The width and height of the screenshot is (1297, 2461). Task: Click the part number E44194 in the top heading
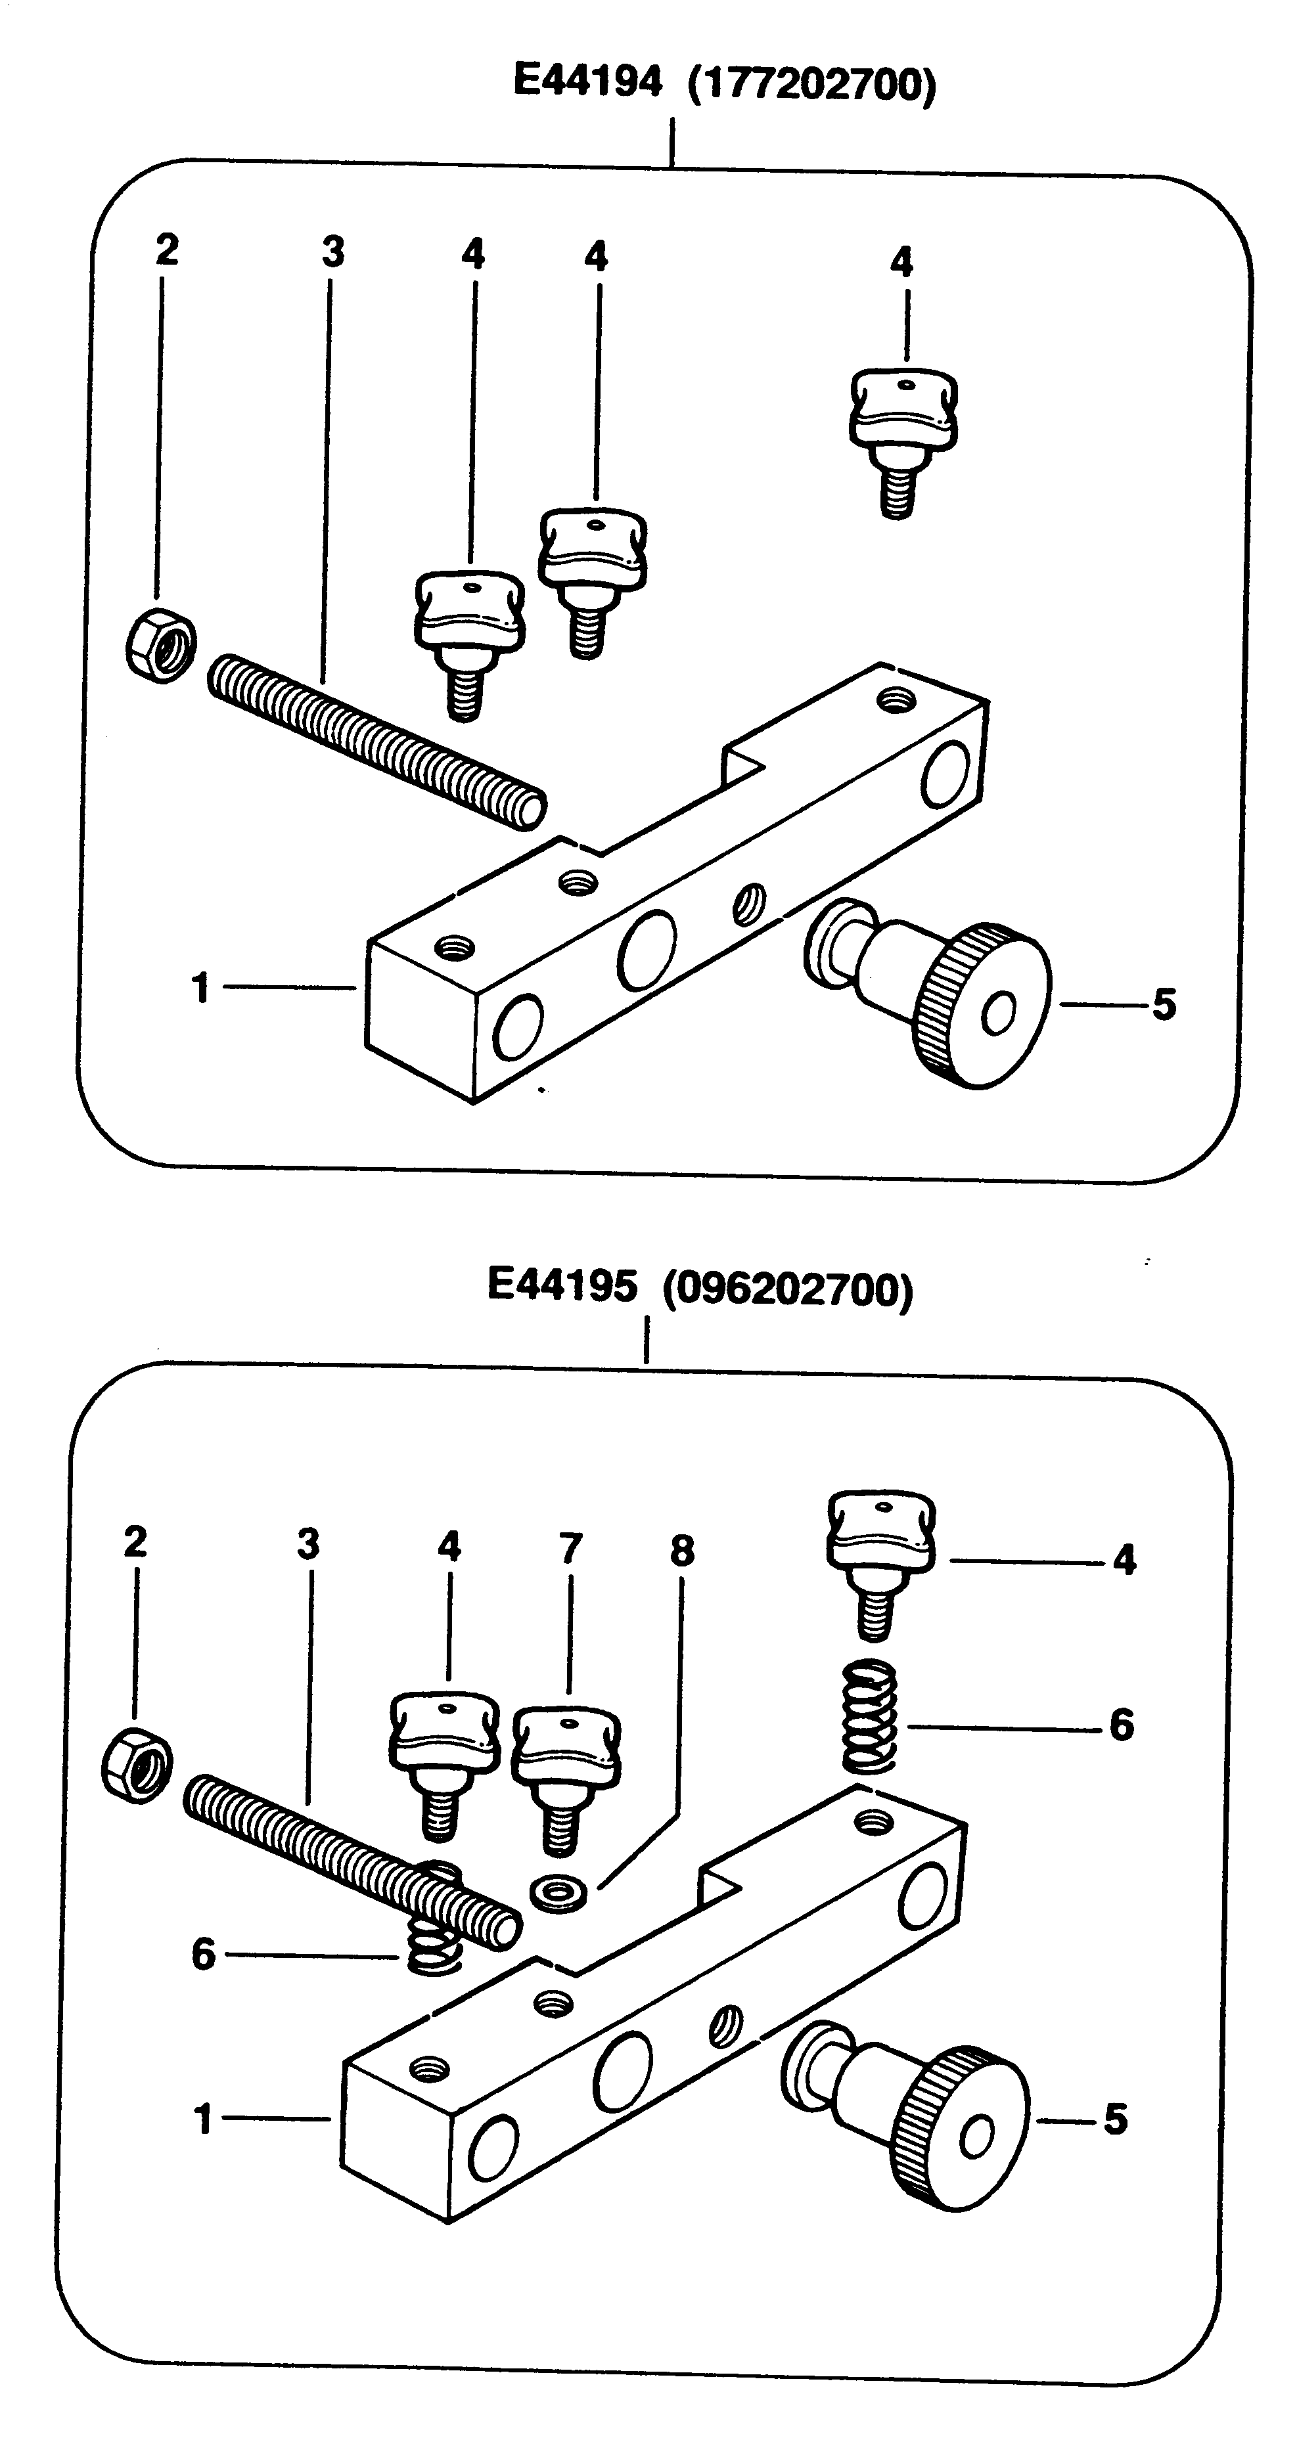pos(587,81)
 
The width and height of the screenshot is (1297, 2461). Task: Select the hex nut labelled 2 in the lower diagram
pos(137,1767)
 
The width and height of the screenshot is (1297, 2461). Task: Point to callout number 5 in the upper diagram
pos(1163,1004)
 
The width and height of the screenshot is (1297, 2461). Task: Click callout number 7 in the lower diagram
pos(570,1547)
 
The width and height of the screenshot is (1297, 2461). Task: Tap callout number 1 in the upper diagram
pos(200,988)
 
